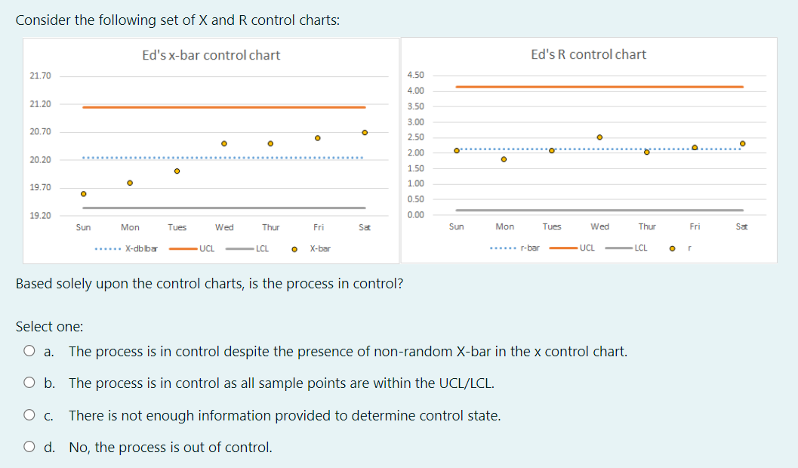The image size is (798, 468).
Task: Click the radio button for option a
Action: [x=29, y=351]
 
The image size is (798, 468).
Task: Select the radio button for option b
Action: [x=29, y=383]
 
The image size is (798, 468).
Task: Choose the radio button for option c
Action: [x=29, y=415]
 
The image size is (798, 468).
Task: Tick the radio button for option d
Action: [x=29, y=448]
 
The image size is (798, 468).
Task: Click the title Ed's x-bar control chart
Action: [x=211, y=55]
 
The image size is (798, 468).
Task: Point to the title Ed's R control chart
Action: [x=588, y=54]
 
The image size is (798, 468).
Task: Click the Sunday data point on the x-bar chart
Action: [x=84, y=194]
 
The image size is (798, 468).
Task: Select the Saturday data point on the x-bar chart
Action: [x=365, y=132]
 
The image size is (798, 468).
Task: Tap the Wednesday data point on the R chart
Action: [x=599, y=137]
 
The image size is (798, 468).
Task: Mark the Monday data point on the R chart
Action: [x=504, y=159]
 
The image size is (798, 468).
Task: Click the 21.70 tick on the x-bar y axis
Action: [x=41, y=76]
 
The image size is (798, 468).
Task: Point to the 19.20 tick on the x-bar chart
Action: [x=41, y=216]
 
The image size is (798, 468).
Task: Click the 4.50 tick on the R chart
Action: [x=415, y=75]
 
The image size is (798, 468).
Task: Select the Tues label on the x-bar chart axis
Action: [x=177, y=227]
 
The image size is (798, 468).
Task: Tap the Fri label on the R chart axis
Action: [x=695, y=226]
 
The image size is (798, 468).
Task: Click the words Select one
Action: [x=50, y=327]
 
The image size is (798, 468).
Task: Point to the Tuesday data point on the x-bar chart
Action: [x=177, y=171]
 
